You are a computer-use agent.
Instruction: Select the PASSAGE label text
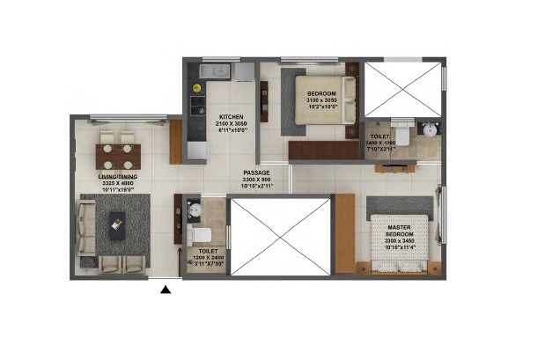257,173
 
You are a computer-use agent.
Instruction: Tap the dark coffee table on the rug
116,228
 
